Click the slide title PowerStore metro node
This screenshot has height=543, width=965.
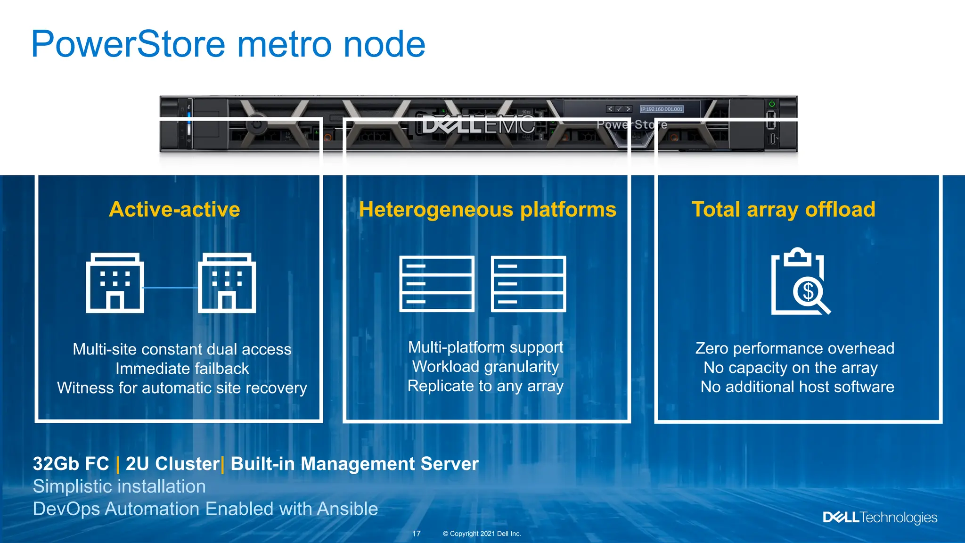(x=228, y=44)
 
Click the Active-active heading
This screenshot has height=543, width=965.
(x=174, y=209)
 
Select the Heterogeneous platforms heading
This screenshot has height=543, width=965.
(x=487, y=209)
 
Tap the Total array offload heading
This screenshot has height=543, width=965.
(x=783, y=209)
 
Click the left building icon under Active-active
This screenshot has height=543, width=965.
(x=115, y=283)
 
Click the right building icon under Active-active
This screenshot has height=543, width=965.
(x=227, y=283)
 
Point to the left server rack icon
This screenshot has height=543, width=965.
(x=436, y=284)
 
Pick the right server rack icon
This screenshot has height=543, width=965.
(x=528, y=284)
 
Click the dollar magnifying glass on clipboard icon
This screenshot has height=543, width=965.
(x=800, y=282)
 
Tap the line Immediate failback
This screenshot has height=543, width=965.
(x=182, y=369)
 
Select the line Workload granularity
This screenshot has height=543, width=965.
(x=485, y=367)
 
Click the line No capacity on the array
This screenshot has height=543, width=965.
(x=790, y=368)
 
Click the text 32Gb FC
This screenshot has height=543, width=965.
(x=71, y=464)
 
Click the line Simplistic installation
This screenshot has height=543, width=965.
(x=119, y=486)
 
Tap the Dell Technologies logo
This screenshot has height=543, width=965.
(x=880, y=518)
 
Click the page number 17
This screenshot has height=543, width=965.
(x=417, y=534)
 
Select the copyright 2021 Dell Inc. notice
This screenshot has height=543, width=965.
(x=482, y=534)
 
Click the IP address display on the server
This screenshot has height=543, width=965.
(x=662, y=109)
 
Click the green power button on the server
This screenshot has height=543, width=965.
(x=772, y=104)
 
